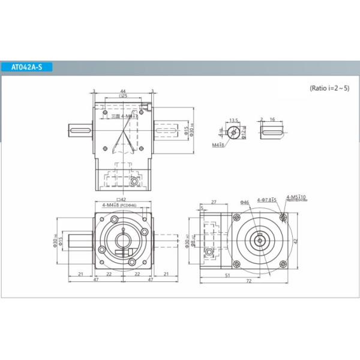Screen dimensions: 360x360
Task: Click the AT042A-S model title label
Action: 28,67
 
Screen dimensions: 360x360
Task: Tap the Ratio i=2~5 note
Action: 329,88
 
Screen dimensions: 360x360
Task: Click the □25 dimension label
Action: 122,96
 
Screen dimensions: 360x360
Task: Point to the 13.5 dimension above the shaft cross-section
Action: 234,120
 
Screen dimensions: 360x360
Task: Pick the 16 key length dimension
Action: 272,120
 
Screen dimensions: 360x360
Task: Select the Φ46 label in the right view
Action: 244,202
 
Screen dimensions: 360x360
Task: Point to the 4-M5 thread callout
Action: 296,197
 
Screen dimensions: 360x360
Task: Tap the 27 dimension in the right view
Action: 214,203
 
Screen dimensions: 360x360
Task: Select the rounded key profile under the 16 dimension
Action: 272,132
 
